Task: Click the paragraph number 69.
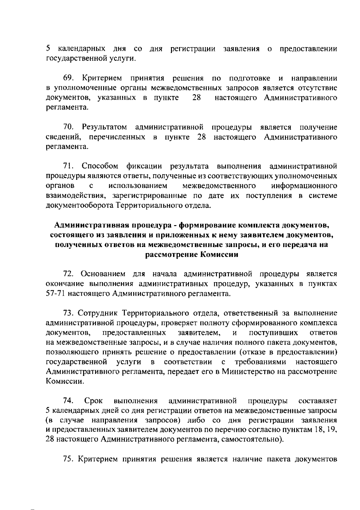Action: click(x=69, y=79)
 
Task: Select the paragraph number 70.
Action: click(x=69, y=127)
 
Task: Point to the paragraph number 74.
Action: click(x=69, y=401)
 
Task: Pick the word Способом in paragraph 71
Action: click(x=100, y=166)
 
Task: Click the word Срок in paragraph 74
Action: click(x=94, y=401)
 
